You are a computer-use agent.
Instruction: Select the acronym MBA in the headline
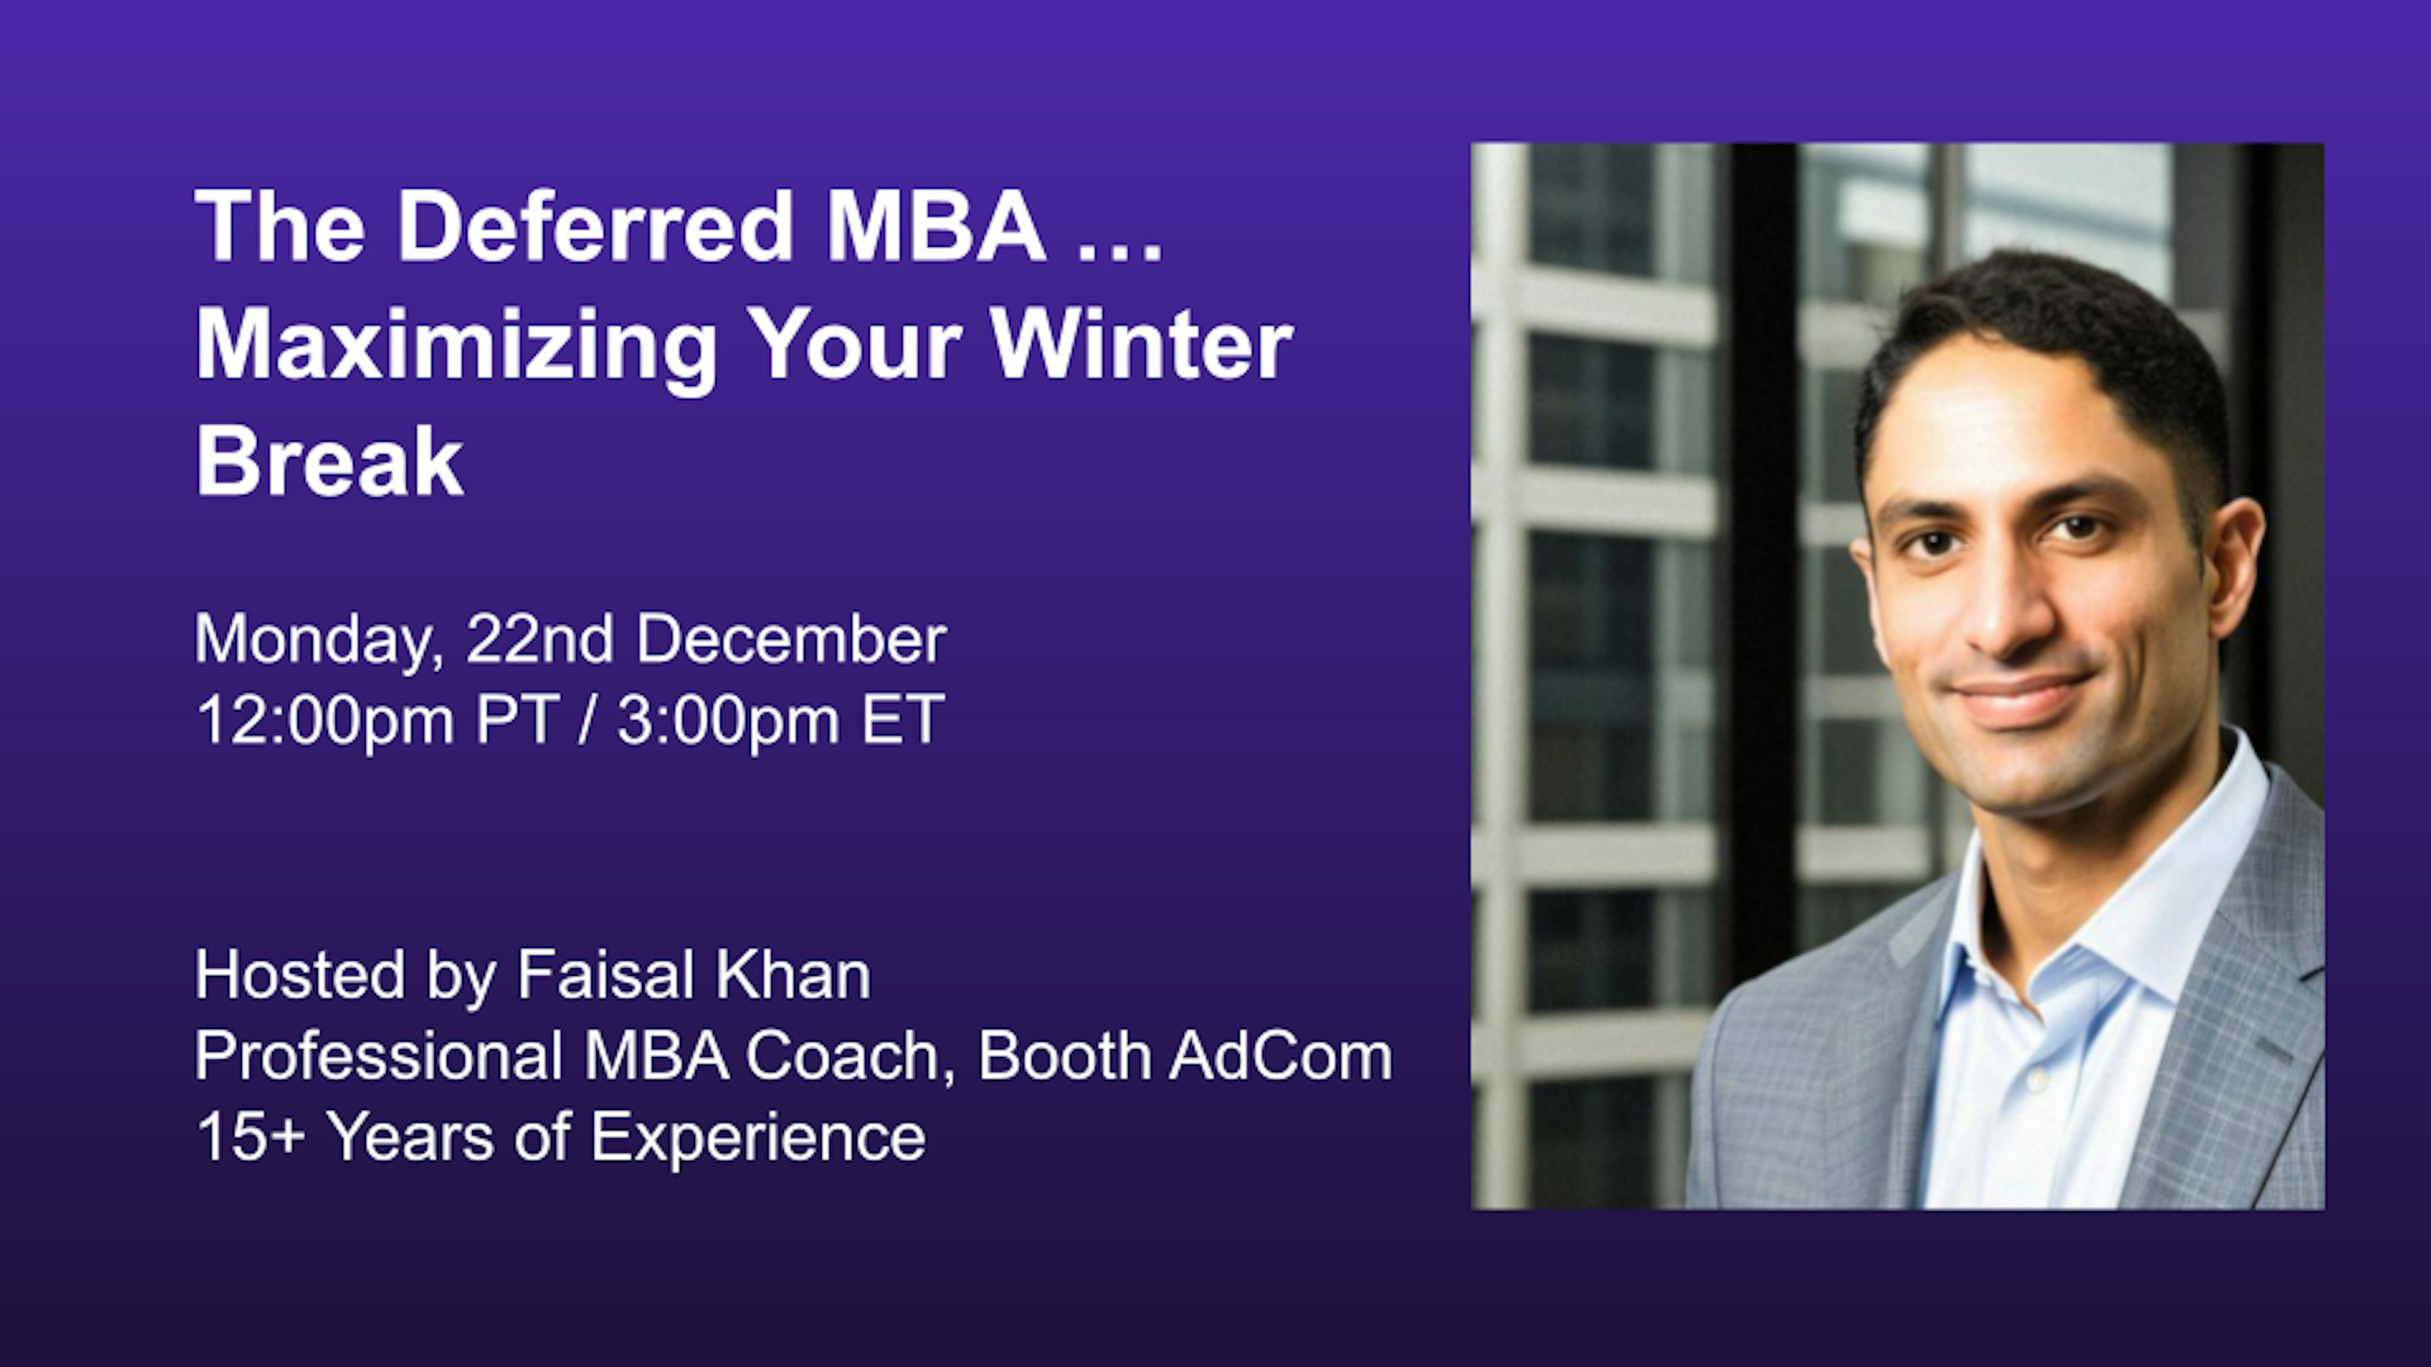[935, 227]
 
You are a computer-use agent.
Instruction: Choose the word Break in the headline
[329, 461]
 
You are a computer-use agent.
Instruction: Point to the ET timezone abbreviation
[902, 719]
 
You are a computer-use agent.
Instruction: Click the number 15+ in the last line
[250, 1137]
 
